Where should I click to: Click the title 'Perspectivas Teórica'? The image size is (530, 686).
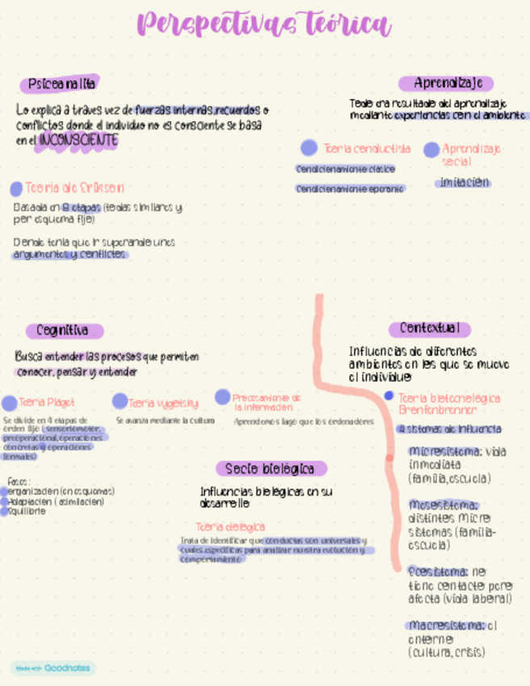coord(264,25)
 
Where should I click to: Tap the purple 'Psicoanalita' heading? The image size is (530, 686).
coord(61,84)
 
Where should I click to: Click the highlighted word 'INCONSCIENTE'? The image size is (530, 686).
coord(78,140)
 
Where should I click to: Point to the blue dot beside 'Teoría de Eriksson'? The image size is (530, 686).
coord(16,188)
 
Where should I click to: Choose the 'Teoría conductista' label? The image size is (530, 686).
coord(367,149)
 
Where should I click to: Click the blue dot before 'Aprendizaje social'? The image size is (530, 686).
coord(431,150)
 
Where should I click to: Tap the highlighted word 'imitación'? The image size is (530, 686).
coord(464,183)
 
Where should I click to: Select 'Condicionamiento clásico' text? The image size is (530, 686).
coord(345,170)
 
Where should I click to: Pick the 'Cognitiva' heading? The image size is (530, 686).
coord(62,330)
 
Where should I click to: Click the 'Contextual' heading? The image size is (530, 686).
coord(429,328)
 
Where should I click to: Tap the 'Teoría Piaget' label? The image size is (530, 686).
coord(46,402)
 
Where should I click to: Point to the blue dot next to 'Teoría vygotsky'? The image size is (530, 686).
coord(120,401)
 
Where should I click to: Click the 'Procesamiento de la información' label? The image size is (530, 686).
coord(267,403)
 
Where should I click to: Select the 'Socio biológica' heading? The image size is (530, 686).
coord(270,468)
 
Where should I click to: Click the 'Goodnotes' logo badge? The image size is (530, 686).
coord(53,668)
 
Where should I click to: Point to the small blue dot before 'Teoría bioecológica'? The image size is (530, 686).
coord(389,396)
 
